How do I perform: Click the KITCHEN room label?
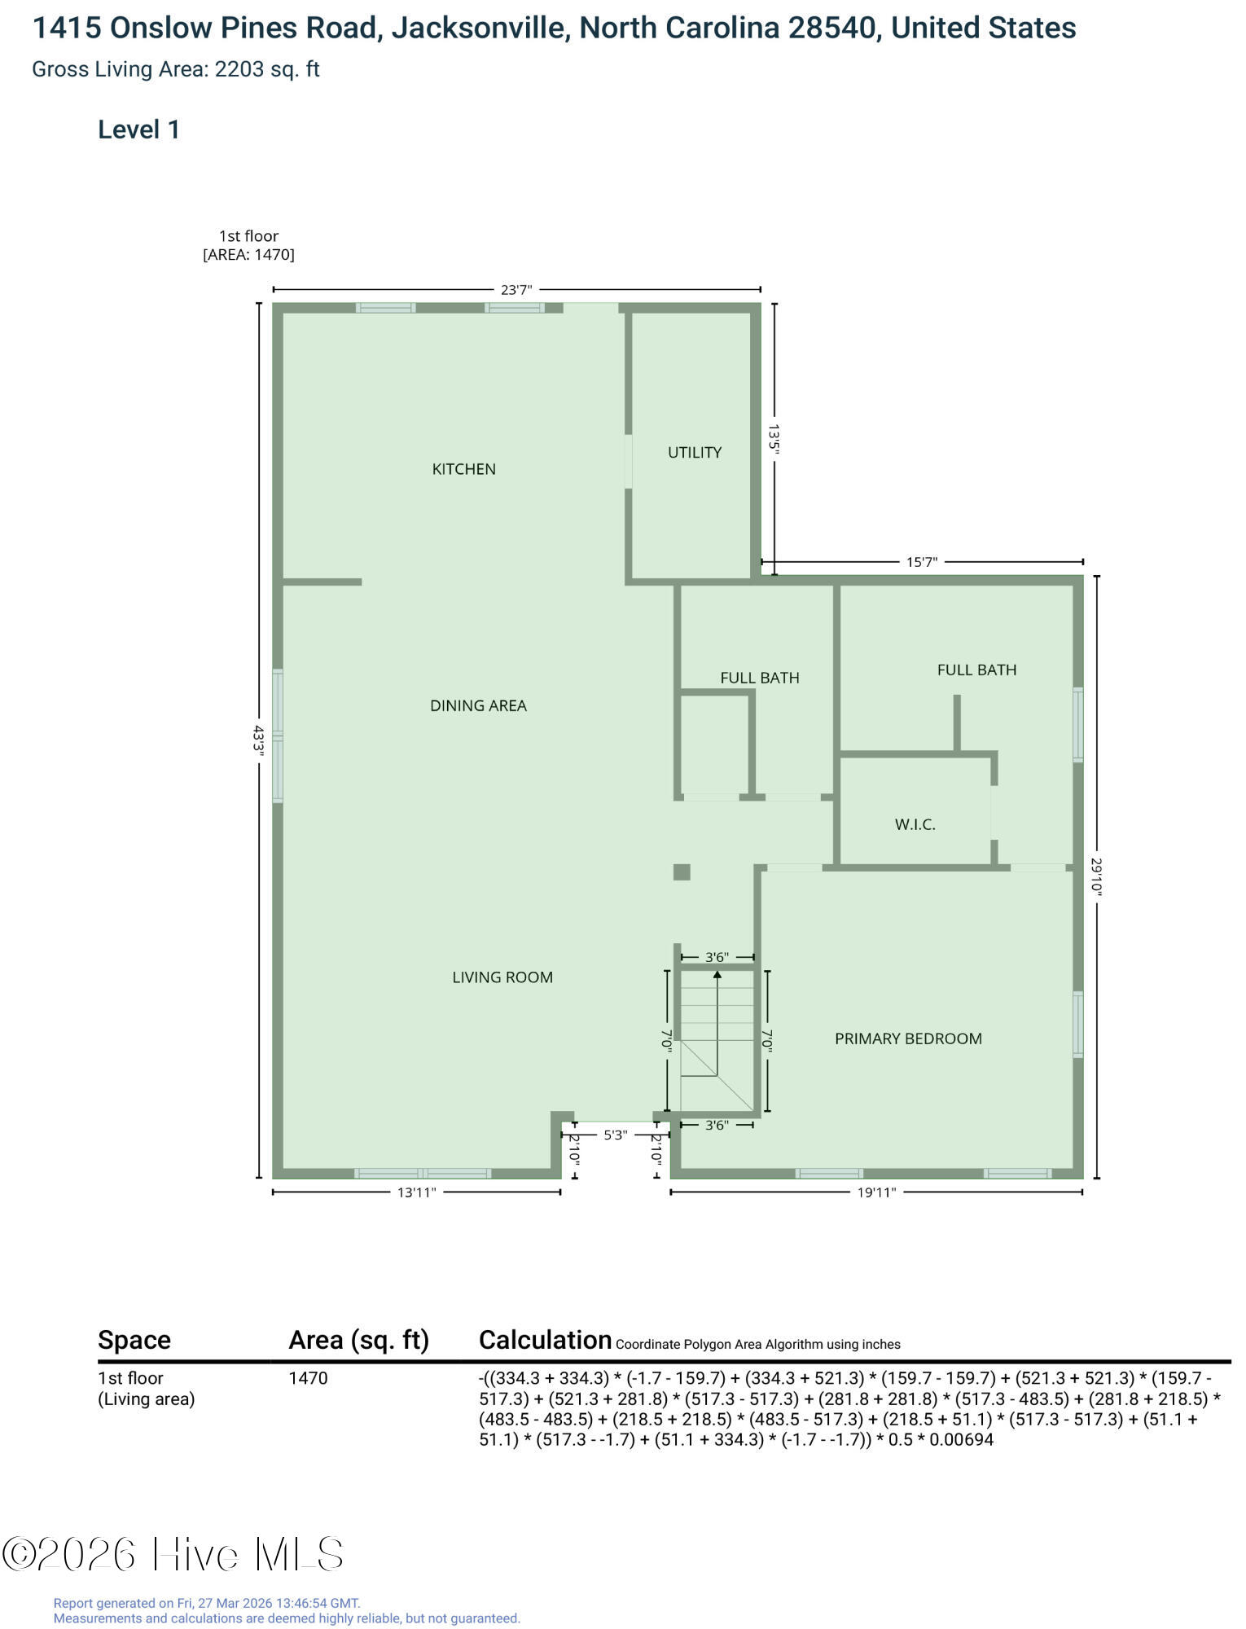(x=463, y=469)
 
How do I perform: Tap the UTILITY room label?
(x=695, y=453)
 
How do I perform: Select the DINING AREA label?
(x=478, y=706)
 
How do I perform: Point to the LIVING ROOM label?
(x=502, y=977)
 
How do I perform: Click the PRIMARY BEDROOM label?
(x=908, y=1038)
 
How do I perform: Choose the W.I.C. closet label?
(x=915, y=824)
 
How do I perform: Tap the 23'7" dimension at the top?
(x=516, y=289)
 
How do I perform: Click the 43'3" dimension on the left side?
(x=259, y=741)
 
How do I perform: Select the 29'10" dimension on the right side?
(x=1097, y=877)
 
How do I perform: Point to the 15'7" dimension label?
(x=922, y=562)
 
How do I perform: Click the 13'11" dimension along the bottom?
(x=417, y=1192)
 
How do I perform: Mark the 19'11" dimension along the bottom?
(x=876, y=1192)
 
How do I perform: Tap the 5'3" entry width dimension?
(x=615, y=1135)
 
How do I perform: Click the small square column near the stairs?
(x=682, y=872)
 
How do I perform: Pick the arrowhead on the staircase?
(x=717, y=975)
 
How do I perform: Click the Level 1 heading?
(x=138, y=130)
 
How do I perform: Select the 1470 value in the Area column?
(x=308, y=1378)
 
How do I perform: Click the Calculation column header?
(x=545, y=1340)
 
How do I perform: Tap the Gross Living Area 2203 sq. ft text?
(x=176, y=69)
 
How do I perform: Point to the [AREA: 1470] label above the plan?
(x=248, y=254)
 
